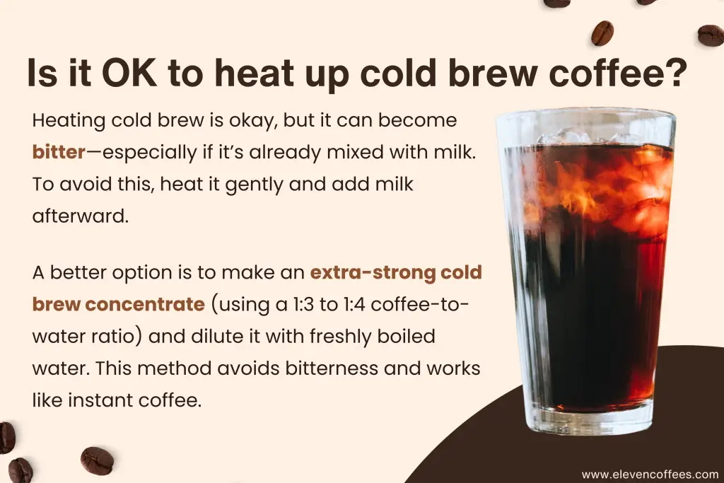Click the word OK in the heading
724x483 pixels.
coord(129,73)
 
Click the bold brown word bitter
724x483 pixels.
coord(59,152)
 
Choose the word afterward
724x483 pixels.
coord(80,216)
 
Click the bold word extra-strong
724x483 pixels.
coord(373,272)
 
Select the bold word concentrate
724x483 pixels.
coord(144,304)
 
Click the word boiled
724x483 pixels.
coord(407,336)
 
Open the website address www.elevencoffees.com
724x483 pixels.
coord(650,475)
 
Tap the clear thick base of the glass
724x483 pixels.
coord(590,421)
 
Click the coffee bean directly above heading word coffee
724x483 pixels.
coord(602,33)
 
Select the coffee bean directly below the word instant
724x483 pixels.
coord(97,460)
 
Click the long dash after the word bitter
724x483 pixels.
coord(94,152)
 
